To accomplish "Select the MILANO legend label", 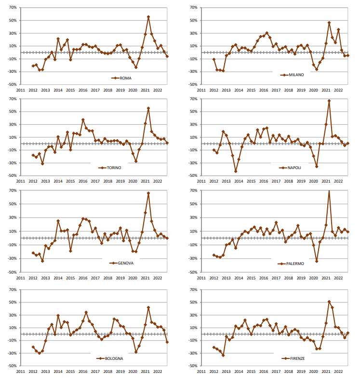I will pyautogui.click(x=296, y=75).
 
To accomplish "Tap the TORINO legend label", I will pyautogui.click(x=114, y=168).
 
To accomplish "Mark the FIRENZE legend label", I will pyautogui.click(x=295, y=358).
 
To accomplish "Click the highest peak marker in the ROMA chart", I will pyautogui.click(x=148, y=17).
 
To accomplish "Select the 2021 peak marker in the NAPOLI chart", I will pyautogui.click(x=329, y=101).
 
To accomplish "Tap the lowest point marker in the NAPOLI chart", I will pyautogui.click(x=236, y=171).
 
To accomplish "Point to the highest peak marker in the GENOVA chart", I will pyautogui.click(x=148, y=193).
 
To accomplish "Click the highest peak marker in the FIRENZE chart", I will pyautogui.click(x=329, y=302).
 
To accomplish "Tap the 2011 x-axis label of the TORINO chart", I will pyautogui.click(x=20, y=182).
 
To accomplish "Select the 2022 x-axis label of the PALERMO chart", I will pyautogui.click(x=338, y=277).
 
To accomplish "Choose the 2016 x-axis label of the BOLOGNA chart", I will pyautogui.click(x=83, y=371).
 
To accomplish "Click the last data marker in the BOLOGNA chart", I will pyautogui.click(x=167, y=342).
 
